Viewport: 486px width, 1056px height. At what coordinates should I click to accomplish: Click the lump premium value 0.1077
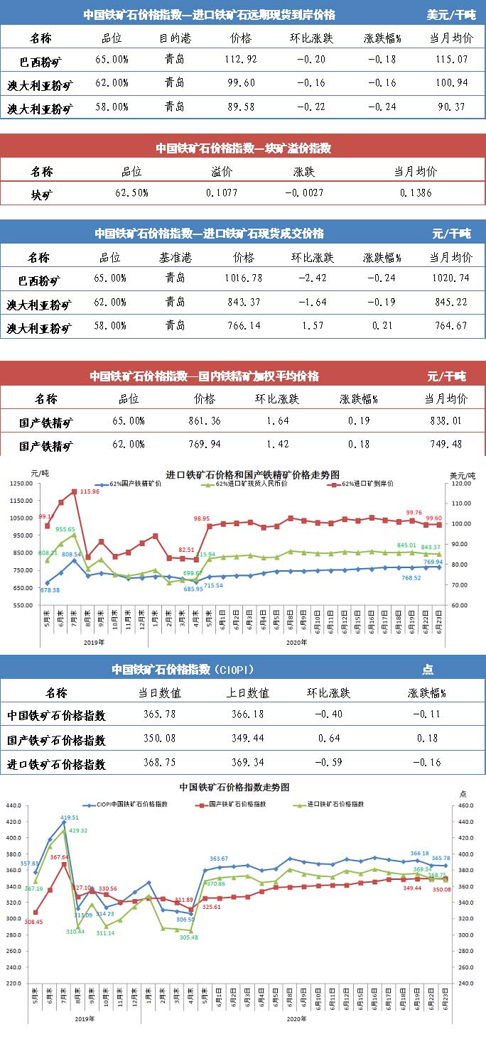tap(222, 192)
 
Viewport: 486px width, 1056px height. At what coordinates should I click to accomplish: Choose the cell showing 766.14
tap(243, 327)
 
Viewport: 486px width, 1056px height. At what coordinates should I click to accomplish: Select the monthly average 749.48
tap(445, 445)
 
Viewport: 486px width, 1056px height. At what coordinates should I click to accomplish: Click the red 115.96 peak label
tap(90, 491)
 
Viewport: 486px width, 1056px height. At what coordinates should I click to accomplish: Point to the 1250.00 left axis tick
tap(21, 483)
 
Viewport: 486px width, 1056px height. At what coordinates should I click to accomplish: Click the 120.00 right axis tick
tap(461, 483)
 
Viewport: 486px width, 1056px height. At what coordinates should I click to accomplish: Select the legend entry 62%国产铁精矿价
tap(136, 484)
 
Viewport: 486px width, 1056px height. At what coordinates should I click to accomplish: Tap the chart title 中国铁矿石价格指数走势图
tap(234, 787)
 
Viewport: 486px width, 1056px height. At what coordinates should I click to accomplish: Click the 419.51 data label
tap(70, 817)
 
